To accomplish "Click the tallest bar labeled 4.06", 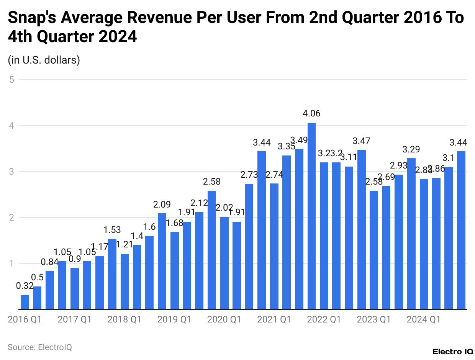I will (x=311, y=216).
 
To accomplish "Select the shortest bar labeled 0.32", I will (x=25, y=302).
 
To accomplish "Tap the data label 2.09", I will (x=162, y=205).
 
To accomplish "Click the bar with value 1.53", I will (x=112, y=274).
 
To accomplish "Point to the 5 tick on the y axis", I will (x=12, y=80).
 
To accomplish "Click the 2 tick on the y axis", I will (x=12, y=218).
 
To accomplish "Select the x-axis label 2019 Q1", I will (x=174, y=319).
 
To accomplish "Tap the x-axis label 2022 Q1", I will (x=324, y=319).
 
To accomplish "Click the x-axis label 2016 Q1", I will (x=25, y=319).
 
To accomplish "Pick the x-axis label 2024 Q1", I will (x=423, y=319).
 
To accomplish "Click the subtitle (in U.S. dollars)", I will (x=44, y=60).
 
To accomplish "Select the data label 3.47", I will (x=361, y=141).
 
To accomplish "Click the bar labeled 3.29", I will (x=411, y=234).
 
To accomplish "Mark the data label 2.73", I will (x=249, y=175).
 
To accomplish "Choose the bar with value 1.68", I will (x=174, y=270).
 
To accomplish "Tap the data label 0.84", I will (x=50, y=262).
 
